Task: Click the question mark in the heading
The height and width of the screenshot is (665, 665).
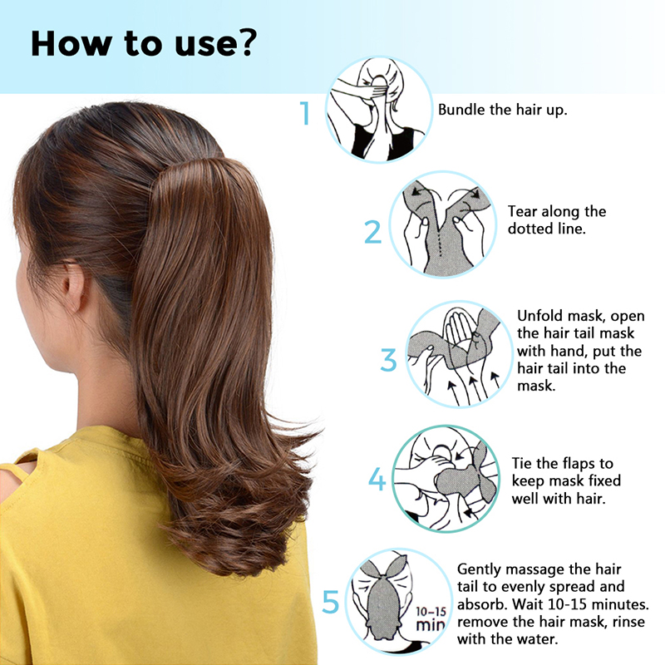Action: [x=245, y=42]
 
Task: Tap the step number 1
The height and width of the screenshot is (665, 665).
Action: [x=305, y=113]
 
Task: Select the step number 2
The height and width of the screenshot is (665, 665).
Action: [x=372, y=232]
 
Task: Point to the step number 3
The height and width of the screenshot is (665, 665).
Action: [x=388, y=360]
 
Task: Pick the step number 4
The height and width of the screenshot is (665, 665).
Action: [x=377, y=480]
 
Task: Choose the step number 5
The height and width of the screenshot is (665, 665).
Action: [x=331, y=602]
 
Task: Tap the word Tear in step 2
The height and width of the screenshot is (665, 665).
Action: [x=523, y=211]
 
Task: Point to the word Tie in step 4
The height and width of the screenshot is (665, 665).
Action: [x=522, y=463]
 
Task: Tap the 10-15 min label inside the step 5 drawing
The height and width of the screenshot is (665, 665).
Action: [x=431, y=618]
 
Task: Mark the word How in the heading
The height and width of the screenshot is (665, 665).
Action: [x=71, y=43]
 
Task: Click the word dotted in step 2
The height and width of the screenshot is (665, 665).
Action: [x=530, y=229]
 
